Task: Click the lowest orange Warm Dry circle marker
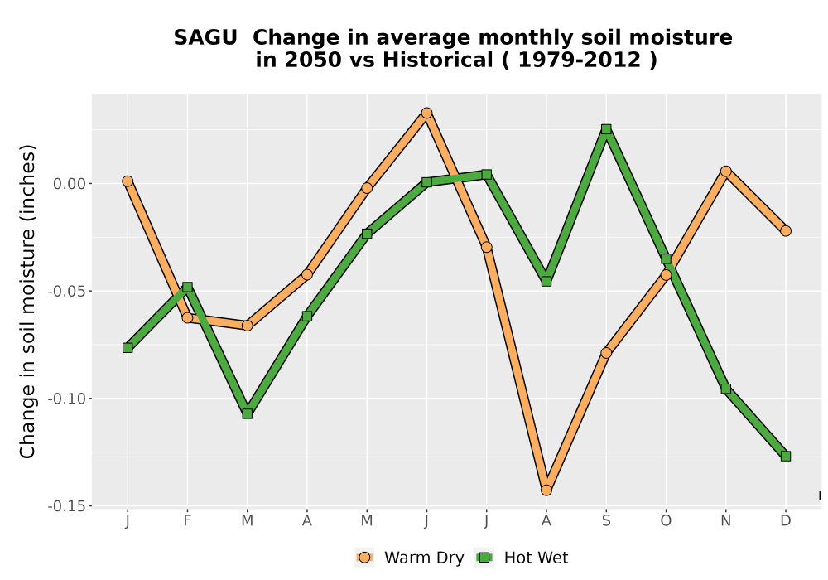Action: coord(546,491)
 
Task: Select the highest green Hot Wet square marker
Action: coord(606,129)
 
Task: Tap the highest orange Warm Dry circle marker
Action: coord(426,113)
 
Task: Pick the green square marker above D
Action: coord(786,456)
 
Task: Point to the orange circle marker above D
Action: coord(786,231)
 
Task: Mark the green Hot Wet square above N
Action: coord(726,389)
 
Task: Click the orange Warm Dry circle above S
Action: coord(606,353)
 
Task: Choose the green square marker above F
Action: coord(187,288)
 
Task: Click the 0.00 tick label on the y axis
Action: coord(70,184)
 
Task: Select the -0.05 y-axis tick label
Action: coord(66,291)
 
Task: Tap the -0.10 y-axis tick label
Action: coord(66,399)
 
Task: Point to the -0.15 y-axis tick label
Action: coord(66,506)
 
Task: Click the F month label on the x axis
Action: coord(187,521)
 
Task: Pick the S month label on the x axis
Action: coord(606,521)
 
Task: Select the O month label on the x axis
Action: coord(666,521)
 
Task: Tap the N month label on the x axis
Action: coord(726,521)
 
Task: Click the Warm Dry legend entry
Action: coord(410,558)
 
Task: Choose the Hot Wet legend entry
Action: coord(522,558)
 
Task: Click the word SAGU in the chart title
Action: coord(205,37)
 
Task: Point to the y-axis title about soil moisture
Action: coord(27,301)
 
